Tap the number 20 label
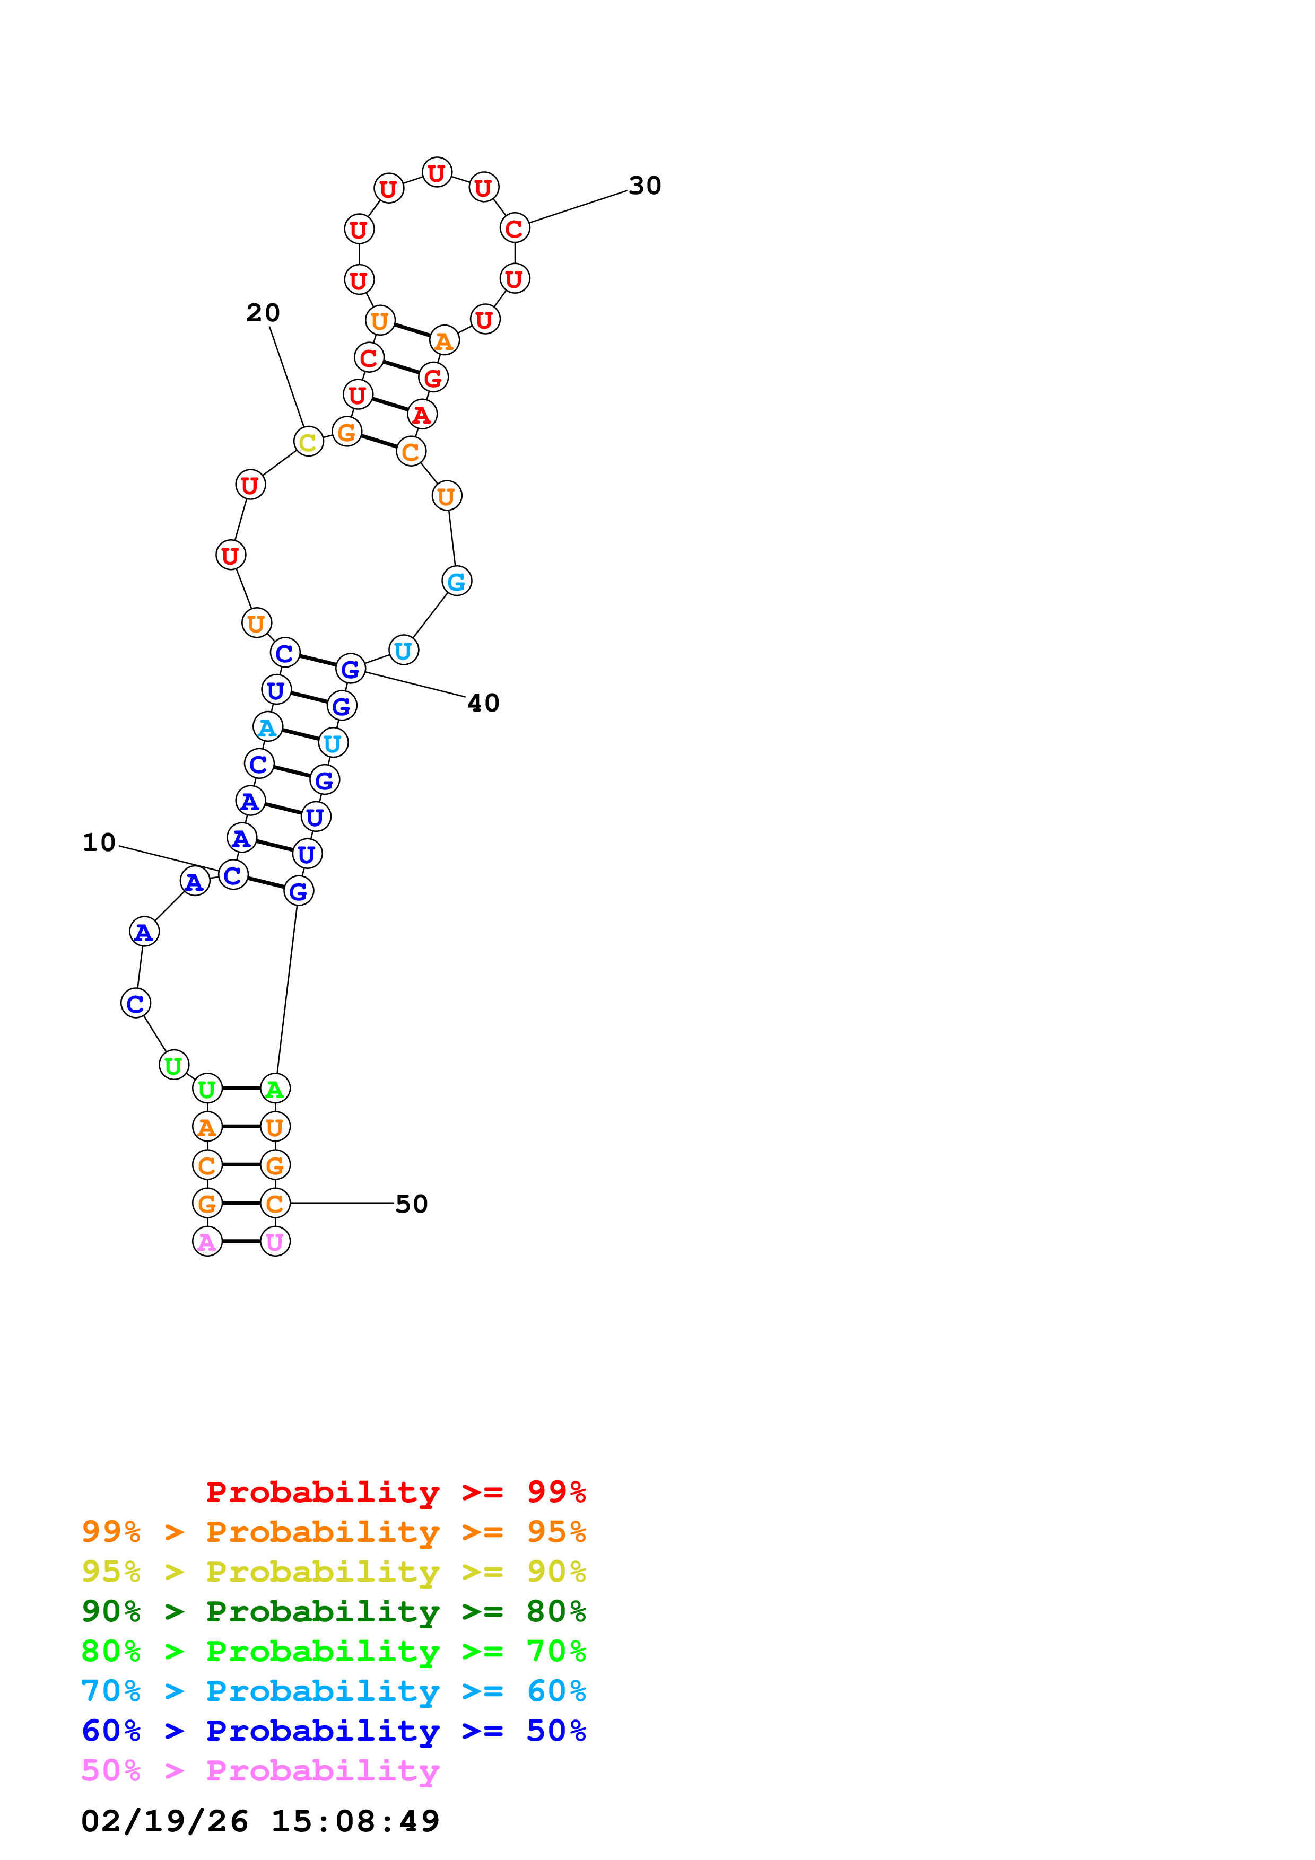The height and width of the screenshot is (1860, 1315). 263,313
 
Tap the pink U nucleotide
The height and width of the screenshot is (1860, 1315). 275,1242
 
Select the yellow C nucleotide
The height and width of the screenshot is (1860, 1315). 308,442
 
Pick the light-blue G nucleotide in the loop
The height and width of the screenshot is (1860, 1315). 457,581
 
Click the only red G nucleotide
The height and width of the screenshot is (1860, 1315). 433,378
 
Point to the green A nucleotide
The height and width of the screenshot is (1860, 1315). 275,1089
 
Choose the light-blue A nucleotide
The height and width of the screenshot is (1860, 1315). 267,727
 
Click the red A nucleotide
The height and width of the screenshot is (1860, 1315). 421,415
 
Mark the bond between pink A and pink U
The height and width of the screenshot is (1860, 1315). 241,1242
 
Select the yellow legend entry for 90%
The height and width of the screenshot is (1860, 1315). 333,1572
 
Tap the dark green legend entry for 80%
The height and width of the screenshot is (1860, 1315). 333,1611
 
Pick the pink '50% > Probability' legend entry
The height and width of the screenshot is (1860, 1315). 259,1770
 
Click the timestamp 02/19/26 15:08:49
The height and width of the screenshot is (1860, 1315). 259,1821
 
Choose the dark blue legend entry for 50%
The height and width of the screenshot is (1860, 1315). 333,1731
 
